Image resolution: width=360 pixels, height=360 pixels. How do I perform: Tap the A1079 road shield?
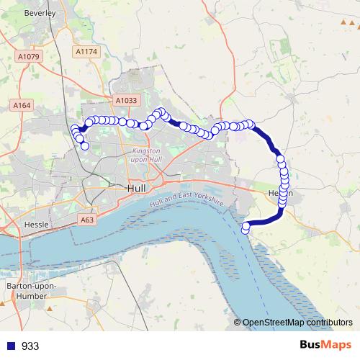tap(29, 56)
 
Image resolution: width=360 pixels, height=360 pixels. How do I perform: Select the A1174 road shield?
tap(85, 52)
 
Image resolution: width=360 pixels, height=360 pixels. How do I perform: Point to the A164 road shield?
tap(22, 106)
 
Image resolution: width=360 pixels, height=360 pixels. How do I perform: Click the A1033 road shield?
tap(125, 102)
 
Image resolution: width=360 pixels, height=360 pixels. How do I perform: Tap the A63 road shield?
tap(87, 220)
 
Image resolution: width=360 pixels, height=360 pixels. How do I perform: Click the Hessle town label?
tap(36, 225)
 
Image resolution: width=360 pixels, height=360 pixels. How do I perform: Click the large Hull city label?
tap(135, 187)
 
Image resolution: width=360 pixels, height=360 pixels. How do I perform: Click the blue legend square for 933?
tap(9, 346)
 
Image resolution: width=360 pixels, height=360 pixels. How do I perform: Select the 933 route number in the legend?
tap(30, 346)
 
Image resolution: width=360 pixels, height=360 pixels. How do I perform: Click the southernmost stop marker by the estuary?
tap(246, 228)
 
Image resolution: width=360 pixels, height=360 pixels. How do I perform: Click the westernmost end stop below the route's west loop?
tap(85, 146)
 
